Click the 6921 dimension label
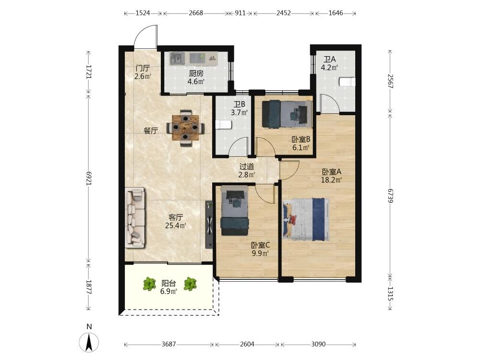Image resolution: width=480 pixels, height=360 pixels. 89,178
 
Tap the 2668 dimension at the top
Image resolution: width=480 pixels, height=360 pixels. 196,13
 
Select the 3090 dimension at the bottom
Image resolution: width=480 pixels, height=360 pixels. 318,344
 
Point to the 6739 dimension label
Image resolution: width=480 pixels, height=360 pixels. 390,196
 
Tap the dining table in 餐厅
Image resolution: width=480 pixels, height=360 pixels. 185,128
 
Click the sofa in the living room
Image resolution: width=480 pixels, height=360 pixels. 135,217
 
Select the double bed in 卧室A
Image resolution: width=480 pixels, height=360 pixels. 306,219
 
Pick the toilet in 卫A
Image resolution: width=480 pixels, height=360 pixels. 347,82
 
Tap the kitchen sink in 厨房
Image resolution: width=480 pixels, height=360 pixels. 178,58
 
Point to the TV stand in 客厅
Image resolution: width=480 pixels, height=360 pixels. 209,225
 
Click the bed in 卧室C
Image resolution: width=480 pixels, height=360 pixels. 234,211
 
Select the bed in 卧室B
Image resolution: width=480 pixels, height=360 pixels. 287,114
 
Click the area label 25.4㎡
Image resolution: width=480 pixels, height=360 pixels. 176,226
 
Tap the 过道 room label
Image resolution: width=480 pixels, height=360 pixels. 247,167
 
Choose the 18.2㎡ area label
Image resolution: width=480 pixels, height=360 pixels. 331,180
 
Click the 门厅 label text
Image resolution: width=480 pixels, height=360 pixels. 143,68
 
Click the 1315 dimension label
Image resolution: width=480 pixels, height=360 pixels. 390,294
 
